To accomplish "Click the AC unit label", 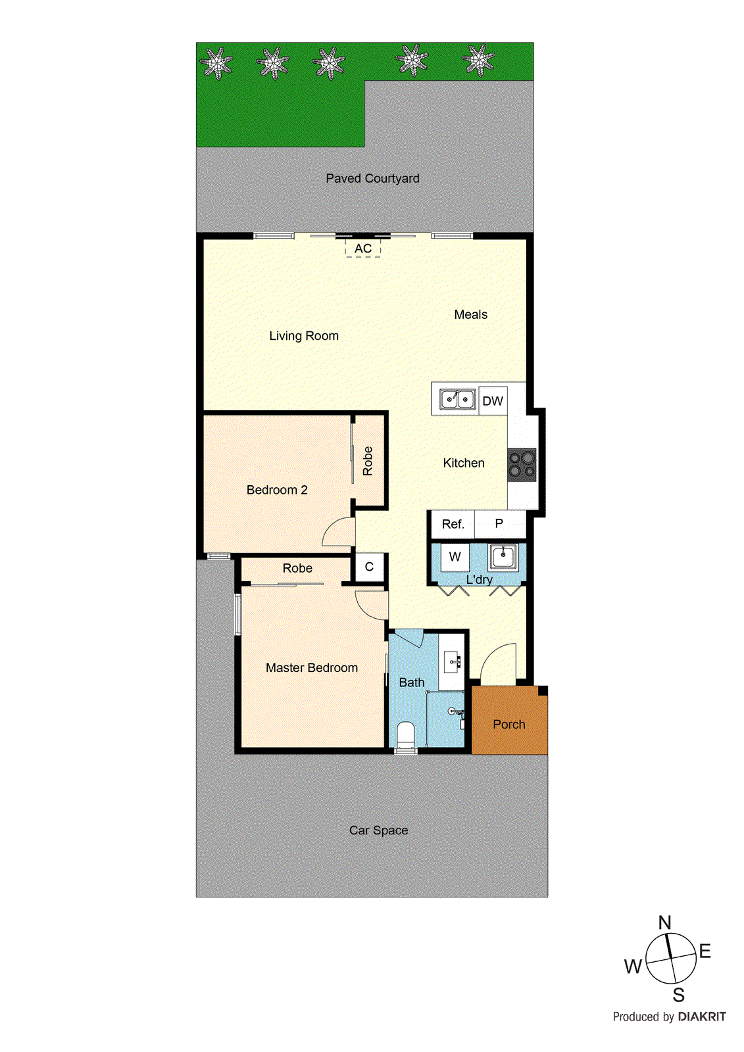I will tap(363, 249).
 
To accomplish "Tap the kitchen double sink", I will tap(458, 399).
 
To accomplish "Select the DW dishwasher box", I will tap(493, 401).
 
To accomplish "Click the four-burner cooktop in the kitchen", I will tap(522, 464).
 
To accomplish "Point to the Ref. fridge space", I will tap(453, 524).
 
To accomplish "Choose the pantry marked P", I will tap(499, 523).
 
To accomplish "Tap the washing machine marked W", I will tap(455, 557).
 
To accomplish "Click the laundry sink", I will tap(503, 557).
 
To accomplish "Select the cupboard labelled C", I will tap(369, 567).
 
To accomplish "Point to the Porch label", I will tap(509, 725).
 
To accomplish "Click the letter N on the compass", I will tap(665, 922).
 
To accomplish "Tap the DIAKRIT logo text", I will tap(702, 1016).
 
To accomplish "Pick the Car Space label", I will tap(378, 830).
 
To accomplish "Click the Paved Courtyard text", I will tap(372, 178).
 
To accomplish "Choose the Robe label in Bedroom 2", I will tap(368, 461).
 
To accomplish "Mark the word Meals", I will tap(471, 315).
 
